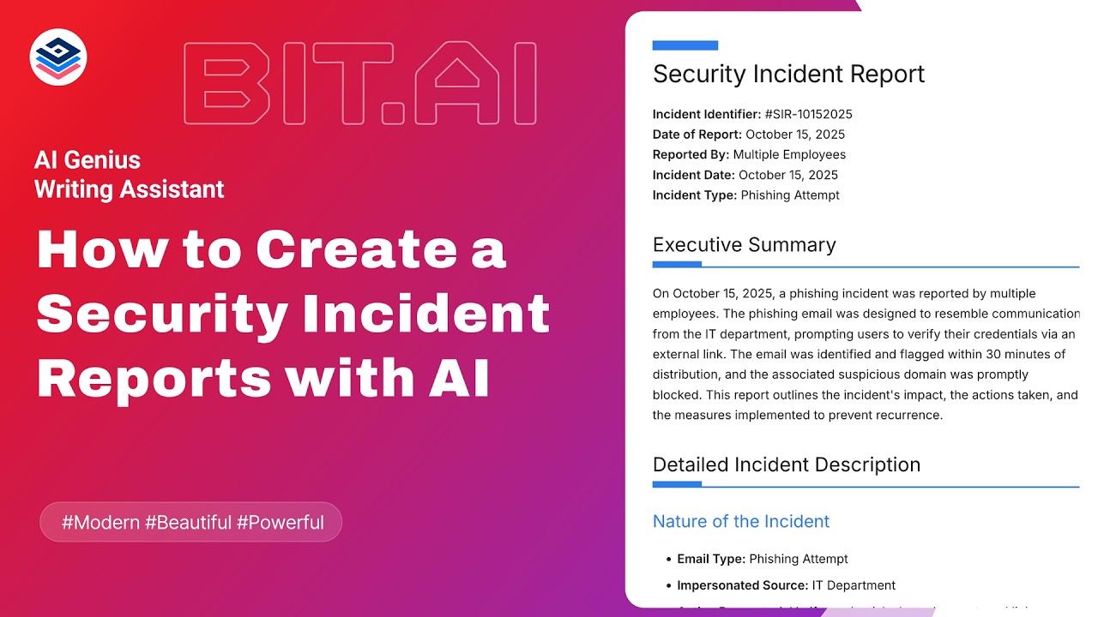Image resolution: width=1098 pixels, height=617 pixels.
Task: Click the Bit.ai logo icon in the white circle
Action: pyautogui.click(x=58, y=57)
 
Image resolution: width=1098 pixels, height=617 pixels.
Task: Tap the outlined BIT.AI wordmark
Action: pyautogui.click(x=360, y=85)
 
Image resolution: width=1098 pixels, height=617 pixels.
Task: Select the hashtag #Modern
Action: pyautogui.click(x=100, y=522)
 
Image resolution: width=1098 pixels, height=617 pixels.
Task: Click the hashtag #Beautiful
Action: pyautogui.click(x=188, y=522)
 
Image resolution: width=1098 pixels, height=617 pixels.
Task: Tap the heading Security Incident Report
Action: pyautogui.click(x=788, y=74)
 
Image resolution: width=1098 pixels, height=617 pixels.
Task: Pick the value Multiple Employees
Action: pyautogui.click(x=789, y=155)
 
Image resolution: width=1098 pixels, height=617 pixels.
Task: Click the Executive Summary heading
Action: pyautogui.click(x=744, y=245)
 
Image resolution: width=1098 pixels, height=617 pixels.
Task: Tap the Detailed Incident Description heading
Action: pyautogui.click(x=786, y=464)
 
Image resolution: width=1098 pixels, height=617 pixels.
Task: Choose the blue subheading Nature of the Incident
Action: pyautogui.click(x=741, y=521)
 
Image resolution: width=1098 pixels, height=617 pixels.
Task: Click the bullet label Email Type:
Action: pyautogui.click(x=711, y=559)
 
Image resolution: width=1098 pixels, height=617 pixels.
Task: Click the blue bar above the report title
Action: pyautogui.click(x=685, y=45)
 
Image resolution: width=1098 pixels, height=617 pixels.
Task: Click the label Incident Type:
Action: pyautogui.click(x=694, y=195)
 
